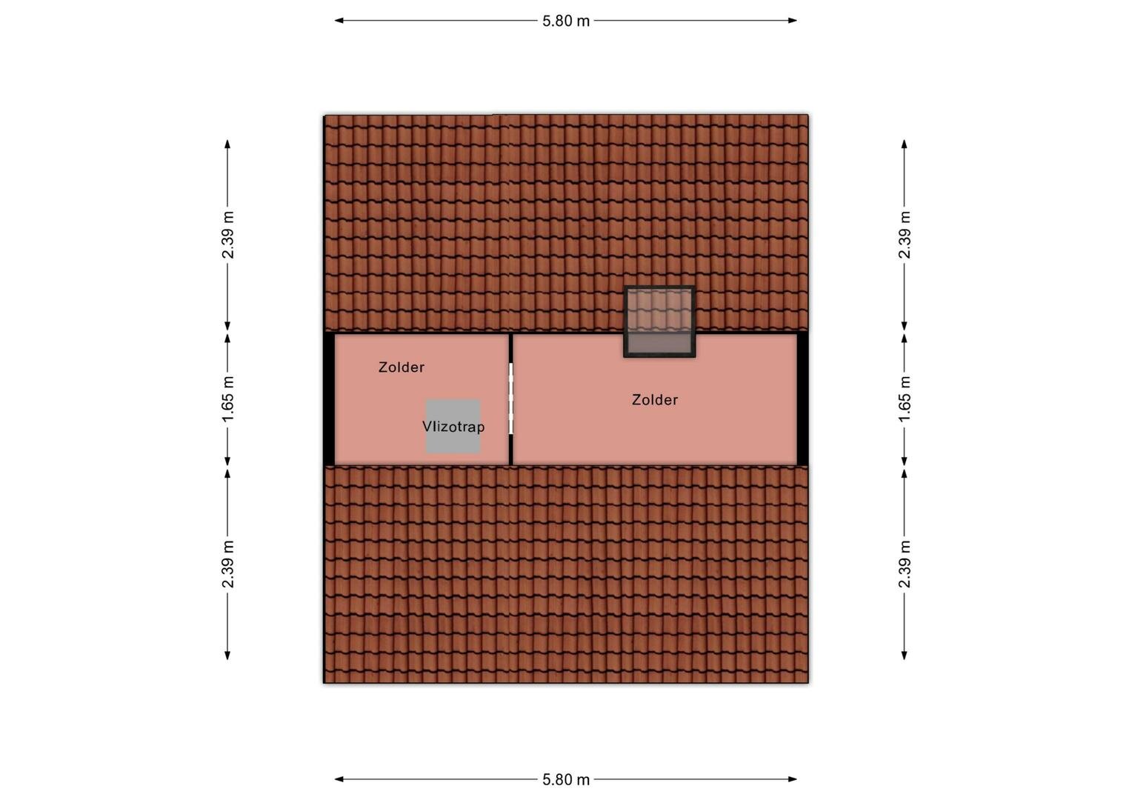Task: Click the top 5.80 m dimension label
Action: (x=566, y=21)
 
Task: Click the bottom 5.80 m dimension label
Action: (x=566, y=779)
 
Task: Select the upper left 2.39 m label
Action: (x=228, y=235)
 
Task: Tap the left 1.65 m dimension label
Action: (x=228, y=399)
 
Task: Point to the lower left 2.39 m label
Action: (x=228, y=564)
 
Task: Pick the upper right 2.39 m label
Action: (x=904, y=235)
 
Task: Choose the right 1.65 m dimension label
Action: (x=904, y=399)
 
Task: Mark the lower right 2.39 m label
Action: (x=904, y=564)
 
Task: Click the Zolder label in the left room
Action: (x=402, y=367)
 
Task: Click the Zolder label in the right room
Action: (x=654, y=400)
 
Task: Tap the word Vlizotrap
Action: (x=453, y=427)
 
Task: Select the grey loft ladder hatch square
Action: (x=453, y=426)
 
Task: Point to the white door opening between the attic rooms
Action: (x=511, y=399)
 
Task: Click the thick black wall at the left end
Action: (x=329, y=399)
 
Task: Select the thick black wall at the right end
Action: (x=802, y=399)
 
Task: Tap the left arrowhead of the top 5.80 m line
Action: (x=339, y=21)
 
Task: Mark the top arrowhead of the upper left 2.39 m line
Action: (x=227, y=144)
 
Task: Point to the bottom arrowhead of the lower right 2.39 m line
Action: (x=904, y=656)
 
